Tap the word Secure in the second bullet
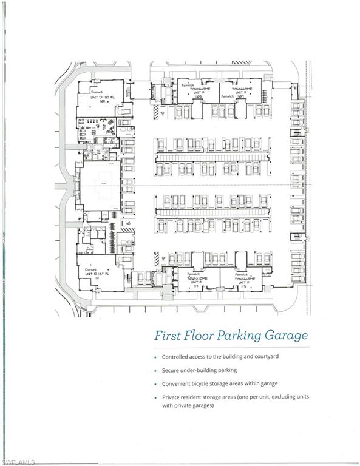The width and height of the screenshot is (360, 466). (172, 370)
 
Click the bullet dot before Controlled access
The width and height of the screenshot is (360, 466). (155, 357)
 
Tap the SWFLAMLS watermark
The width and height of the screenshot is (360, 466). (18, 461)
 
